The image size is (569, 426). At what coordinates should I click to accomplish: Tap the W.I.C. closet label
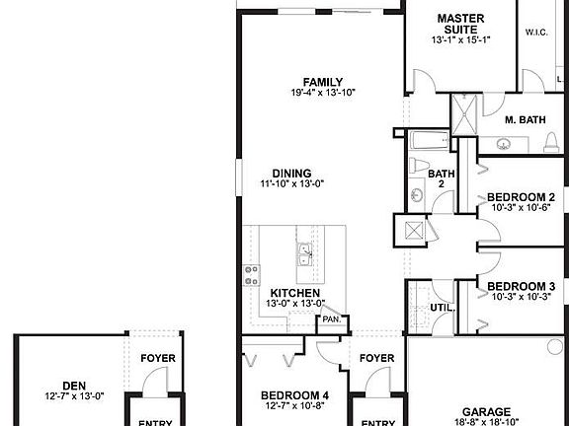point(536,33)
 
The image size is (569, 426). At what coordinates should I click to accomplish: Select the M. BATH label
point(525,120)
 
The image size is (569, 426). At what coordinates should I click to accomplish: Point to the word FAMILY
point(323,82)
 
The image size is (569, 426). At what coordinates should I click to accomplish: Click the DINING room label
point(292,173)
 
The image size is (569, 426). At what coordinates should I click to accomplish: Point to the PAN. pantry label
point(331,319)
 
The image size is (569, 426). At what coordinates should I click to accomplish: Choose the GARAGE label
point(487,411)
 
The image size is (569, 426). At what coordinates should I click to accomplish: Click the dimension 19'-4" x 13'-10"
point(323,93)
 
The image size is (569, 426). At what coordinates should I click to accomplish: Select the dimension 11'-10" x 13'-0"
point(292,183)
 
